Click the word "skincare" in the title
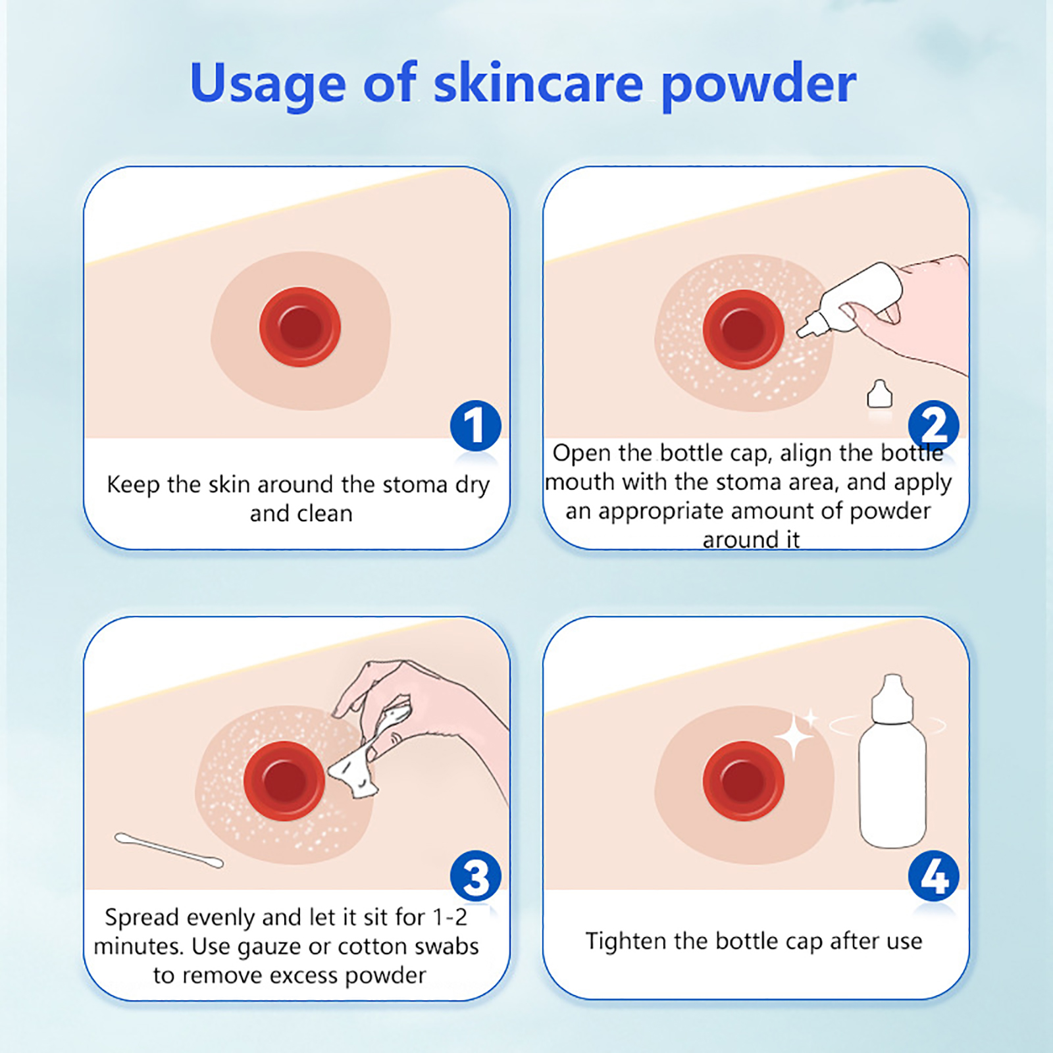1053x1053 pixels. (x=538, y=84)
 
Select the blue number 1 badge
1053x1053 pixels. (x=475, y=426)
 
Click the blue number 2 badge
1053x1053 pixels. (x=934, y=426)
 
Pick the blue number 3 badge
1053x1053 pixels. (x=475, y=876)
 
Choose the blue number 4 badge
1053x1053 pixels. (x=934, y=876)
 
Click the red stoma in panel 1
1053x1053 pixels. (x=300, y=326)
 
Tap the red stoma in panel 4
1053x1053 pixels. (x=744, y=781)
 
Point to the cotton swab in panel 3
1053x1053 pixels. (x=169, y=850)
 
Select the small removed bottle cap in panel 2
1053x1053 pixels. (x=880, y=394)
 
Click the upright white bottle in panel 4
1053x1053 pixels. (x=892, y=762)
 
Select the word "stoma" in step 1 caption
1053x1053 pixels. (x=415, y=485)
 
